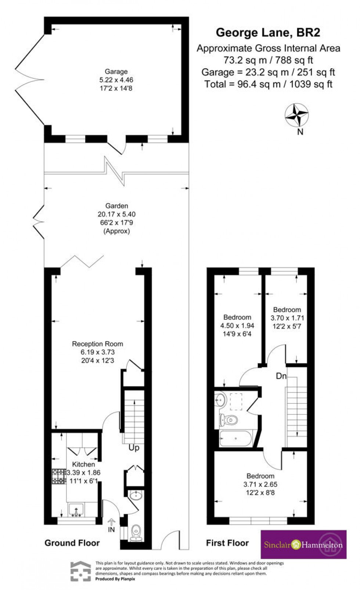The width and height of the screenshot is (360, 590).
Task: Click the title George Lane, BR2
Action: click(268, 33)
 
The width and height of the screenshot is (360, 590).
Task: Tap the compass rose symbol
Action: click(296, 115)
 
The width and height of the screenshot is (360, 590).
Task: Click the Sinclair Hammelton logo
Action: click(303, 544)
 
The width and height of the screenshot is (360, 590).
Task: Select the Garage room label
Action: click(116, 72)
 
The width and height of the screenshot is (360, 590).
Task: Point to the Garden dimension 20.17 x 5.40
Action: click(116, 214)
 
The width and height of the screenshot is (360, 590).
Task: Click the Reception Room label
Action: click(97, 344)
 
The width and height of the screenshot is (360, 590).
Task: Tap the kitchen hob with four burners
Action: click(58, 476)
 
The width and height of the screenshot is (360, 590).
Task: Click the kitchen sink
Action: click(76, 510)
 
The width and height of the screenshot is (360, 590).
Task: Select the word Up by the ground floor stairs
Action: click(134, 448)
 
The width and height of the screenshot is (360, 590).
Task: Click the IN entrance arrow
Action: click(111, 525)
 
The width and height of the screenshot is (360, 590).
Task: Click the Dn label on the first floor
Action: click(281, 376)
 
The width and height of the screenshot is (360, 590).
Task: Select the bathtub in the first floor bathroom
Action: click(235, 438)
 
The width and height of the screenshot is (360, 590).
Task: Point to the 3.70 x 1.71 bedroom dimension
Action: click(287, 318)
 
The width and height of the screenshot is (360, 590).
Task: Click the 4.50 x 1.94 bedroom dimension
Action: click(237, 325)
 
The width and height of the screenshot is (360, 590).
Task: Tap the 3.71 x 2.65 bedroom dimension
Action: click(260, 484)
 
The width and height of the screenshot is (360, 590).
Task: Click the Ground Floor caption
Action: click(72, 543)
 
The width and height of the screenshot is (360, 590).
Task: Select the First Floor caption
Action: click(227, 543)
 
